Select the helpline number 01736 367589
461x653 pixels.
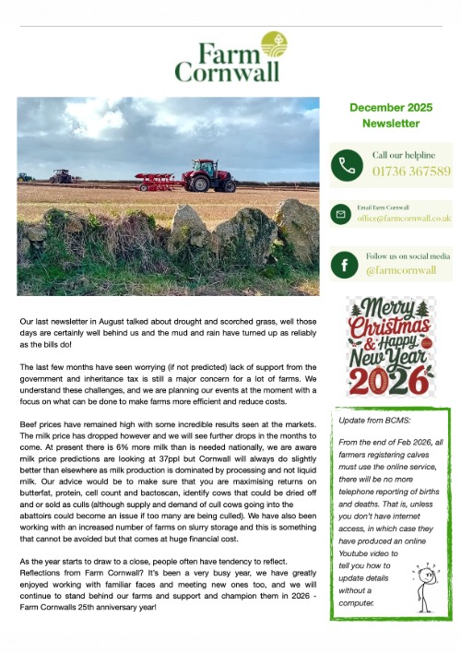click(x=411, y=172)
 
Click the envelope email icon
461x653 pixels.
click(x=340, y=214)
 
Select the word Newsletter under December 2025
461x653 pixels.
click(x=390, y=123)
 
